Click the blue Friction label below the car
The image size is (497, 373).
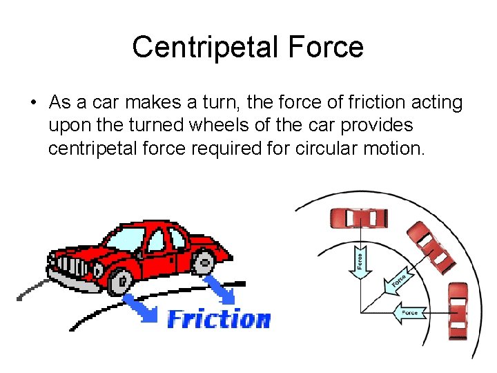tap(219, 319)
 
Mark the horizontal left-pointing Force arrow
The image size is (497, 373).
tap(409, 312)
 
